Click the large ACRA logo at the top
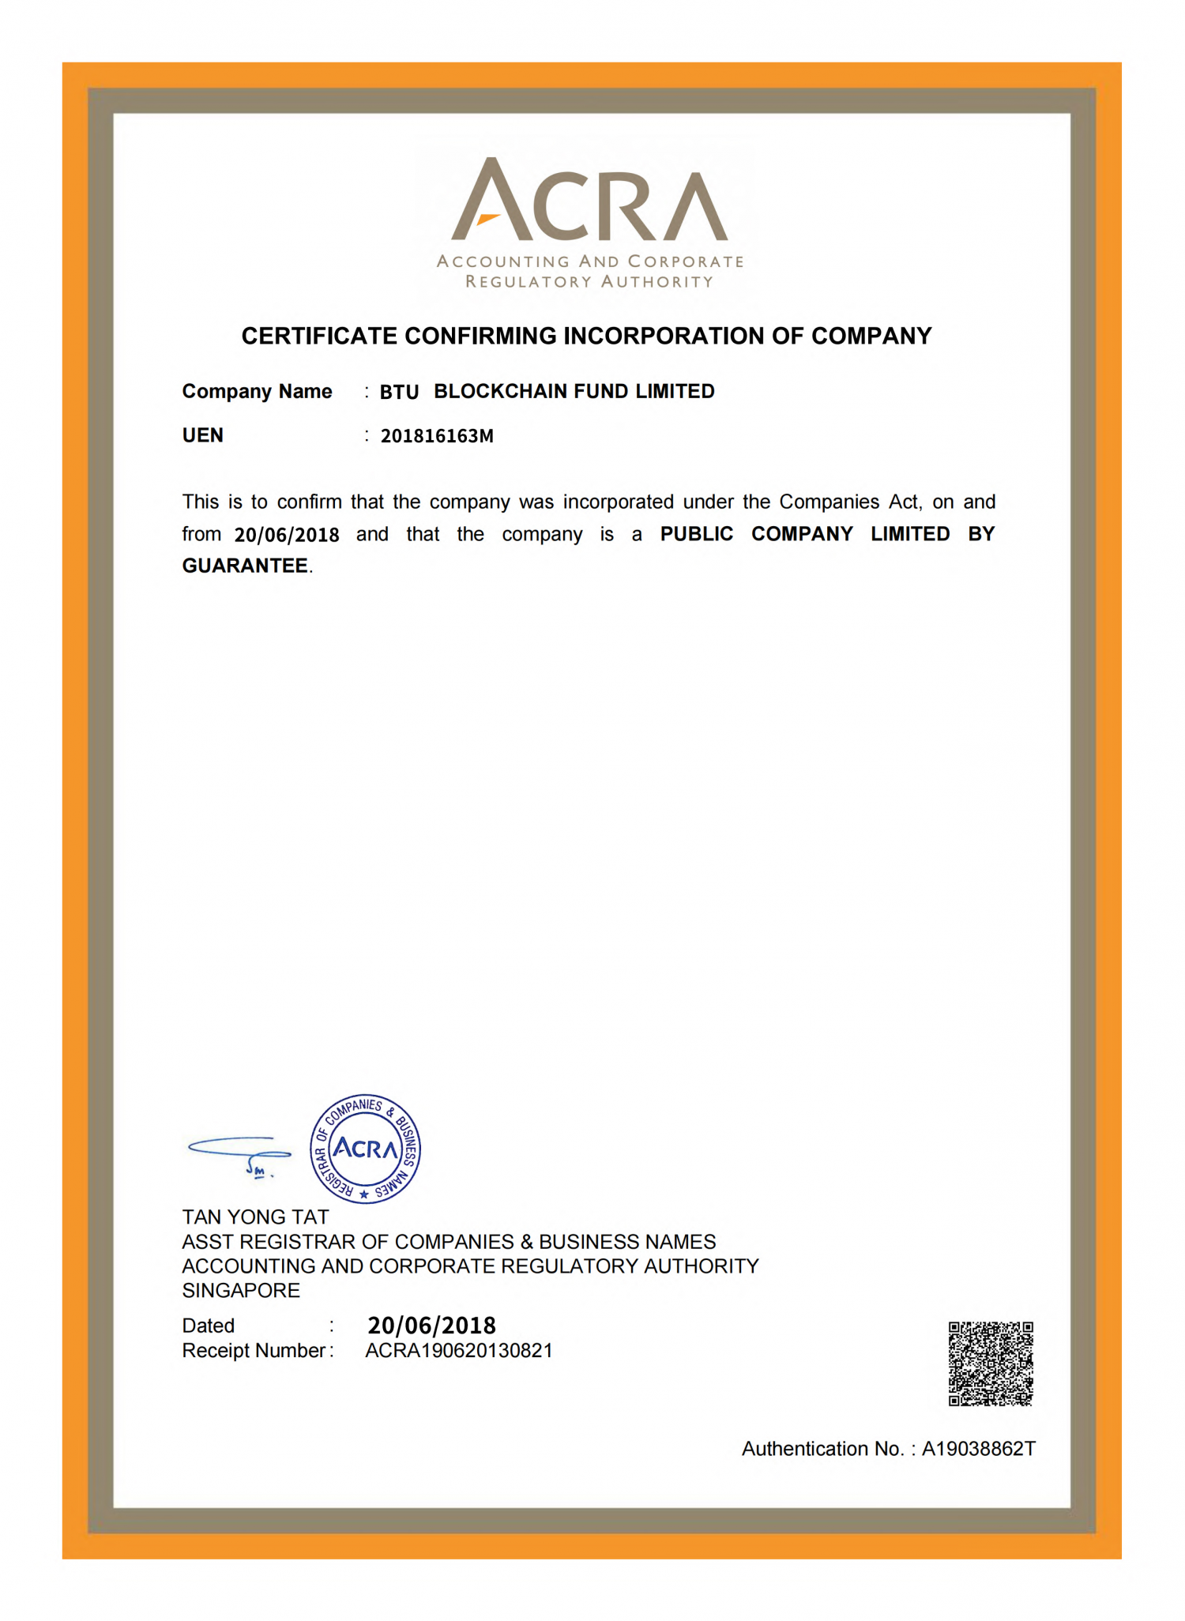pyautogui.click(x=589, y=201)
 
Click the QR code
pyautogui.click(x=990, y=1363)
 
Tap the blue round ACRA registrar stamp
pyautogui.click(x=365, y=1149)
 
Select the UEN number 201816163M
pyautogui.click(x=437, y=436)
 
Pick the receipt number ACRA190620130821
pyautogui.click(x=458, y=1351)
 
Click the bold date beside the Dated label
pyautogui.click(x=431, y=1326)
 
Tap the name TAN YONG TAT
pyautogui.click(x=255, y=1217)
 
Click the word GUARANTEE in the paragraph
pyautogui.click(x=245, y=566)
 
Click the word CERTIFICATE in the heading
pyautogui.click(x=319, y=337)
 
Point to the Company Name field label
pyautogui.click(x=257, y=392)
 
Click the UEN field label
pyautogui.click(x=203, y=436)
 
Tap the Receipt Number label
pyautogui.click(x=254, y=1351)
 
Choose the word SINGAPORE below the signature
pyautogui.click(x=241, y=1290)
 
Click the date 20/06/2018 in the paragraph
pyautogui.click(x=287, y=535)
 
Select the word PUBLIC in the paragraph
pyautogui.click(x=696, y=534)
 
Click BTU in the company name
pyautogui.click(x=399, y=393)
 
